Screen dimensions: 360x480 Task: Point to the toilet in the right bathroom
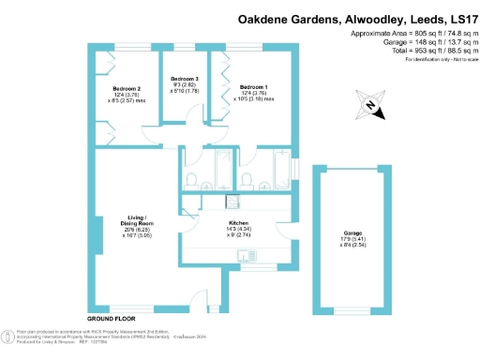(x=246, y=179)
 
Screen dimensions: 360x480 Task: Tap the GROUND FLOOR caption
(x=111, y=320)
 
